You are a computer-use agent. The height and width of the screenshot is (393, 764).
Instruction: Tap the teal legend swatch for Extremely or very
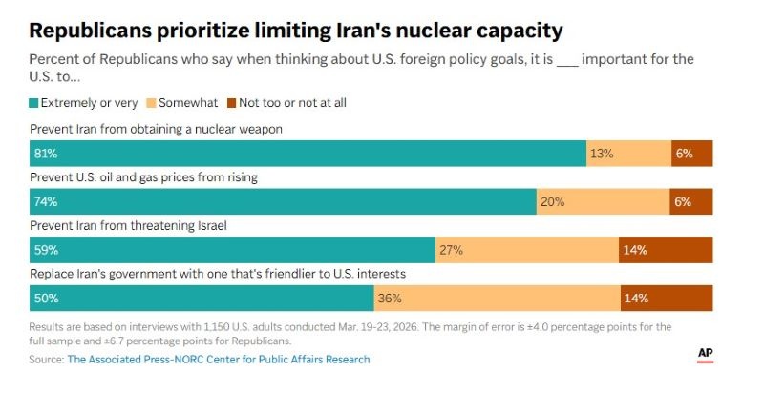(34, 102)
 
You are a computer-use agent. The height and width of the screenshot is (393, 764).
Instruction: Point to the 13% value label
(602, 153)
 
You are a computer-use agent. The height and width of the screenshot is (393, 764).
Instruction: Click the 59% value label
(46, 250)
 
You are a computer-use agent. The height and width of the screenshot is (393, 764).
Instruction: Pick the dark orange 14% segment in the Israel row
(666, 250)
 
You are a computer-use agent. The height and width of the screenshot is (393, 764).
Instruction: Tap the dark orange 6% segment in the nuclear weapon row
(691, 153)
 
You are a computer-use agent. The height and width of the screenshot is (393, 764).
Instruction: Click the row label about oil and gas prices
(144, 177)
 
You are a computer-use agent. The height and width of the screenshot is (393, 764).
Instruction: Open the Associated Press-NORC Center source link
(218, 360)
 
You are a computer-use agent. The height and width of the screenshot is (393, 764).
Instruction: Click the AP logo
(706, 354)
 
